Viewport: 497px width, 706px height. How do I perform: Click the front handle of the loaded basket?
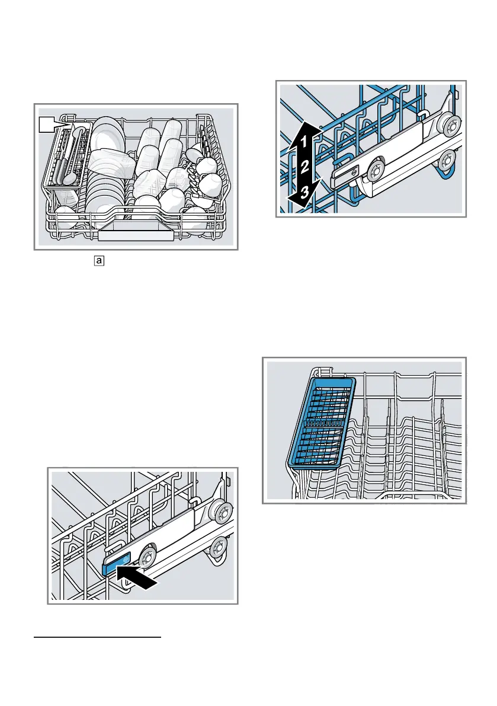(x=136, y=235)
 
